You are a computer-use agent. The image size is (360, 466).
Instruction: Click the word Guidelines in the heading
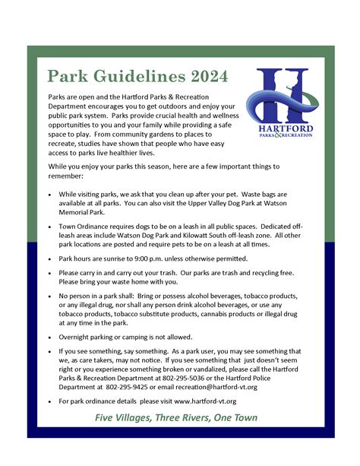click(131, 77)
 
